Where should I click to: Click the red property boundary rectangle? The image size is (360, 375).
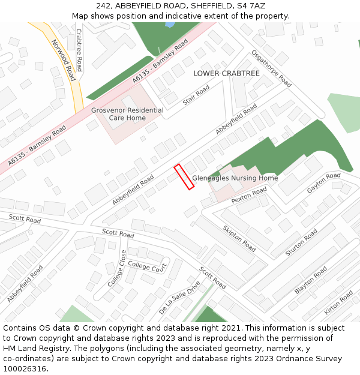[184, 177]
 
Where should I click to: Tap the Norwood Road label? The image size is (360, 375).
[64, 61]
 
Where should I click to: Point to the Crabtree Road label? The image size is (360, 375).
[79, 50]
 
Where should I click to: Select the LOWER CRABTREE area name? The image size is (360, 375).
[226, 73]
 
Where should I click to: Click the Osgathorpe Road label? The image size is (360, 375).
[271, 68]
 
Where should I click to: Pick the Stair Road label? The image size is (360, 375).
[196, 95]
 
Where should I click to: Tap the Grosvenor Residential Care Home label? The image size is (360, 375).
[127, 114]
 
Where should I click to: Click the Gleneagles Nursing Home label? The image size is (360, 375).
[235, 178]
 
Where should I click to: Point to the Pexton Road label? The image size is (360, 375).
[249, 195]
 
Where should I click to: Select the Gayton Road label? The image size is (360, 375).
[324, 182]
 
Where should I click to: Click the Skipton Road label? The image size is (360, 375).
[239, 238]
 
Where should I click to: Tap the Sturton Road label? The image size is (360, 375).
[301, 243]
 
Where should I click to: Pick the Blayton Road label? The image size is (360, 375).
[311, 280]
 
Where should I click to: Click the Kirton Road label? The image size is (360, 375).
[338, 302]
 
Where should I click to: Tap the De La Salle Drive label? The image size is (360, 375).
[179, 298]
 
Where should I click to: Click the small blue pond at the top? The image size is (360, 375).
[169, 25]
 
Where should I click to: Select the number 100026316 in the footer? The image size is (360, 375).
[24, 368]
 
